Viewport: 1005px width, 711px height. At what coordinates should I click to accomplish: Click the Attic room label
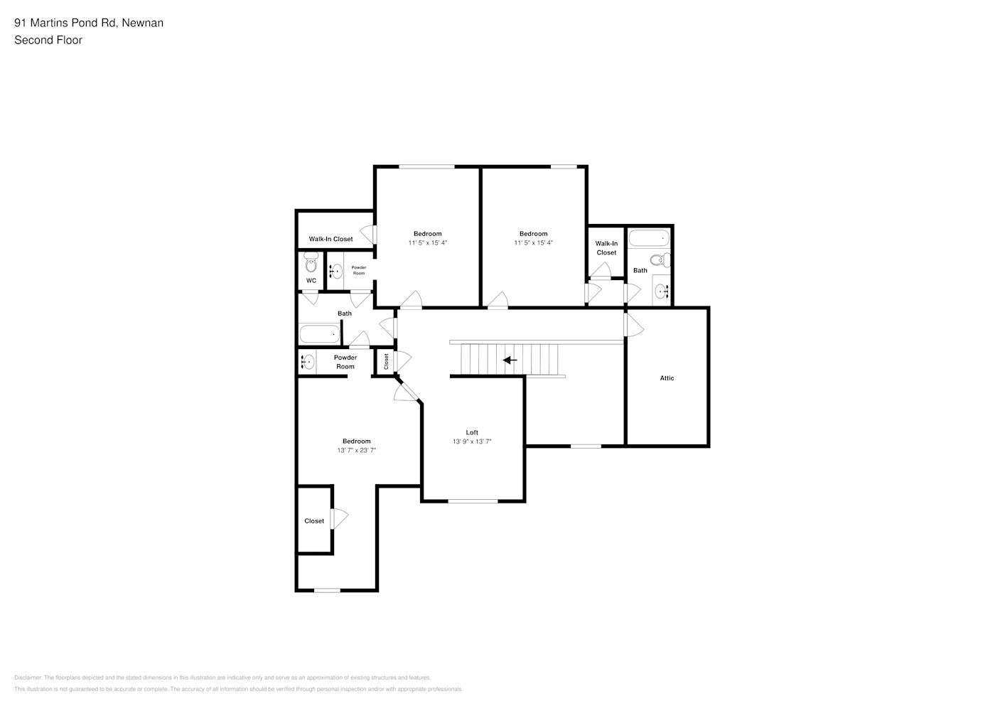click(x=667, y=378)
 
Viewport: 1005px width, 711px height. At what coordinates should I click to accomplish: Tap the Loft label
click(x=471, y=432)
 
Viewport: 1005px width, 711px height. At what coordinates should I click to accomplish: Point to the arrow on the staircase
click(x=510, y=360)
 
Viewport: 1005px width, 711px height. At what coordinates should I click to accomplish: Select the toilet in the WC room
click(x=311, y=262)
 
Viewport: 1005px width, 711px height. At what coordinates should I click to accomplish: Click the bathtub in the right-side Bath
click(x=649, y=238)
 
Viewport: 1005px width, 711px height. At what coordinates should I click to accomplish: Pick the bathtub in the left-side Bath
click(x=319, y=334)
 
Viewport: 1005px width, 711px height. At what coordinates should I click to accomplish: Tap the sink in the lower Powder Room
click(x=307, y=361)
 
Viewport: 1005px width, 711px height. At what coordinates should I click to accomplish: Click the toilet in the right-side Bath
click(x=660, y=260)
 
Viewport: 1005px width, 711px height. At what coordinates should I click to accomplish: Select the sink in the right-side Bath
click(x=661, y=292)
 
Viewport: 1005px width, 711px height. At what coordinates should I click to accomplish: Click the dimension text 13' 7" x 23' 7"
click(x=356, y=450)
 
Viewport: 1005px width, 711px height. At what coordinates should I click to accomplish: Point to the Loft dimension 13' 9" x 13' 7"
click(x=471, y=442)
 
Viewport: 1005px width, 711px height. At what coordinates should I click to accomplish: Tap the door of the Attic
click(x=633, y=324)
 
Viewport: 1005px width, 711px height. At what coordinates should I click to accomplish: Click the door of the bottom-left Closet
click(x=339, y=519)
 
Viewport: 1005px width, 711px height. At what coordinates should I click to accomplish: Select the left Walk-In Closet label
click(x=330, y=239)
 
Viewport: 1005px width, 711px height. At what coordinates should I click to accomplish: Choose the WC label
click(x=311, y=281)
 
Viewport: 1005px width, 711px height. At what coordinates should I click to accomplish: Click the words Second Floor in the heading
click(x=48, y=40)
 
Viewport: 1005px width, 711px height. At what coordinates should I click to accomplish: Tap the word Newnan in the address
click(x=142, y=23)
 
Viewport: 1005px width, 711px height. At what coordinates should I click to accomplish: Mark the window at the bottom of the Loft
click(x=473, y=501)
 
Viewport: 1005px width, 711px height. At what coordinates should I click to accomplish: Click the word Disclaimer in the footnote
click(x=28, y=678)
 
